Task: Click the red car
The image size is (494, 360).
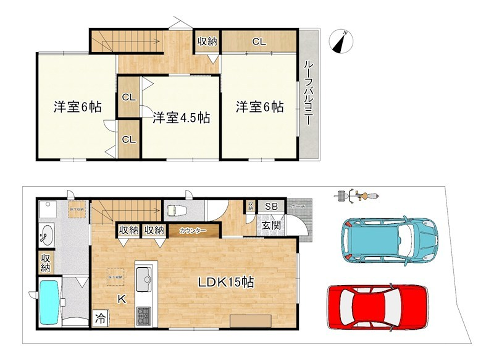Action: click(376, 306)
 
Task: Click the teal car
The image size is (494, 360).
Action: click(385, 238)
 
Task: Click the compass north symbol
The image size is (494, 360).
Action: click(343, 42)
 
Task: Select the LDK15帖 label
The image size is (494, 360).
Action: click(224, 282)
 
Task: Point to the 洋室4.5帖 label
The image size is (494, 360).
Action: click(180, 117)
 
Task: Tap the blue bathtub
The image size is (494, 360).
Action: click(50, 302)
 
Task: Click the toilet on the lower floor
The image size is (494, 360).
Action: click(176, 211)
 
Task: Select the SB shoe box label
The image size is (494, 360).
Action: click(270, 207)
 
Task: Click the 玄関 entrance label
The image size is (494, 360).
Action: click(272, 226)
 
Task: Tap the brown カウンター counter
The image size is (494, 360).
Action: click(193, 231)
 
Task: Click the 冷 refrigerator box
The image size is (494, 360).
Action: click(101, 318)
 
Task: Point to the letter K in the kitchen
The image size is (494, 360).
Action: click(121, 298)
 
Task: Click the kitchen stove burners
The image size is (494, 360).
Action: click(141, 313)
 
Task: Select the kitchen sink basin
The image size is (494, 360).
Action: click(141, 277)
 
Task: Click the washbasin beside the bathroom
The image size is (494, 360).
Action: click(46, 236)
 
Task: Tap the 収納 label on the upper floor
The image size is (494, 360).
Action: click(207, 41)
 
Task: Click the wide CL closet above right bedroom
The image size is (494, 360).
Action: click(259, 41)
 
